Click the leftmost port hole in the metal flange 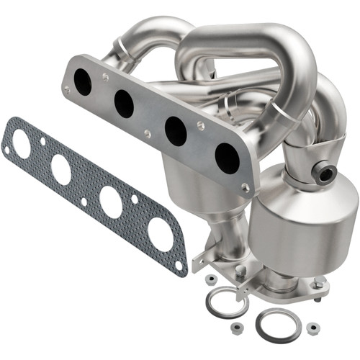point(83,81)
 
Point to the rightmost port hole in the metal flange point(227,157)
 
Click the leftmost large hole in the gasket point(20,145)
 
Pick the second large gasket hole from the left point(60,170)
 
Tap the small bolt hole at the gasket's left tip point(7,150)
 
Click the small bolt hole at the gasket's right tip point(179,266)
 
